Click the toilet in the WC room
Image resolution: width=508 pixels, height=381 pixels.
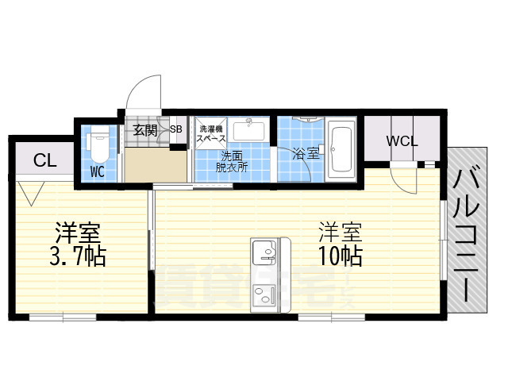click(98, 142)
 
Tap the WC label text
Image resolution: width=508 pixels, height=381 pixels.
click(97, 171)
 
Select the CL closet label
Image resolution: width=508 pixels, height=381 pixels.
click(45, 160)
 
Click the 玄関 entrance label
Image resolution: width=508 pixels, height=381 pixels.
click(144, 130)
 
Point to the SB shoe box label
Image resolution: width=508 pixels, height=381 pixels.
click(175, 130)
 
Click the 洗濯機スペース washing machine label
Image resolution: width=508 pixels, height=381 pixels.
click(212, 133)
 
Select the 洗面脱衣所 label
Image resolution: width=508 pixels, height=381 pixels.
click(233, 161)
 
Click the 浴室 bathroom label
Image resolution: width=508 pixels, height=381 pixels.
click(307, 155)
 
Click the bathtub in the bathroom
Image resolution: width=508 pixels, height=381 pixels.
click(341, 148)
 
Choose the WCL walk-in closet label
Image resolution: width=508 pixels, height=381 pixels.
click(402, 141)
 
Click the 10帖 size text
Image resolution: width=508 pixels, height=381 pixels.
click(341, 256)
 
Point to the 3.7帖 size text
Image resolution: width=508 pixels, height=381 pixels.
click(77, 256)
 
